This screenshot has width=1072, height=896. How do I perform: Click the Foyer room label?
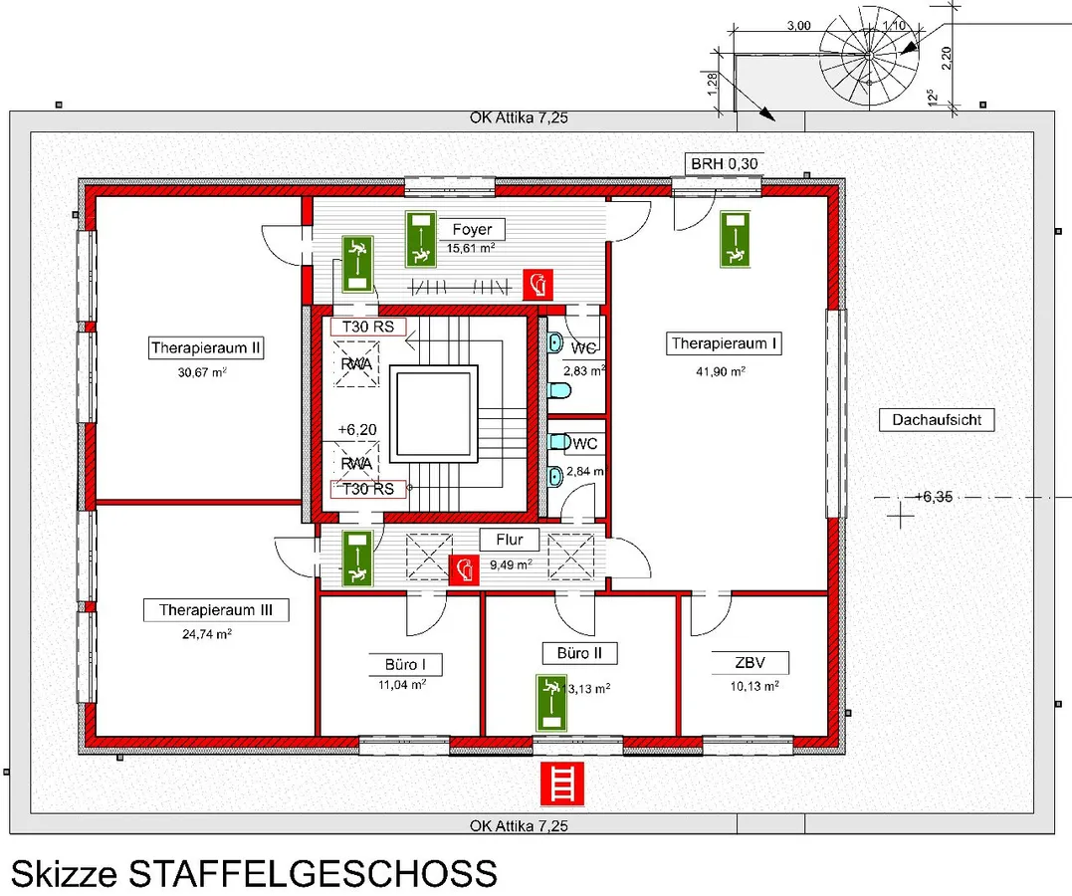pos(471,229)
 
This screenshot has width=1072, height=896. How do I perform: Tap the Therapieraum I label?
pos(724,343)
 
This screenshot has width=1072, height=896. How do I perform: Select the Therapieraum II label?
pos(206,348)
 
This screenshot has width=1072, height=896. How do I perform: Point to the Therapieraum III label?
pos(216,610)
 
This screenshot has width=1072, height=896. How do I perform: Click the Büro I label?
pos(399,664)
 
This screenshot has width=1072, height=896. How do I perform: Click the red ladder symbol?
pos(559,784)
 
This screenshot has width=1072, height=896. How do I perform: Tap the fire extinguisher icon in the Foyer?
pos(538,285)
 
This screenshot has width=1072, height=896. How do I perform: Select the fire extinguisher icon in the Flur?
pos(461,570)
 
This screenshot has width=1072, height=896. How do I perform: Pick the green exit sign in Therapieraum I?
pos(736,239)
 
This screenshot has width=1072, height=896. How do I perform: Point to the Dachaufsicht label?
pos(937,420)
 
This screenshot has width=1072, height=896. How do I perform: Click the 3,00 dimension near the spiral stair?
pos(797,25)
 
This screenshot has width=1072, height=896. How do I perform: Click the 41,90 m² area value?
pos(723,371)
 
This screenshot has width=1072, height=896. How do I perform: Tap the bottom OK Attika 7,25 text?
pos(518,826)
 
